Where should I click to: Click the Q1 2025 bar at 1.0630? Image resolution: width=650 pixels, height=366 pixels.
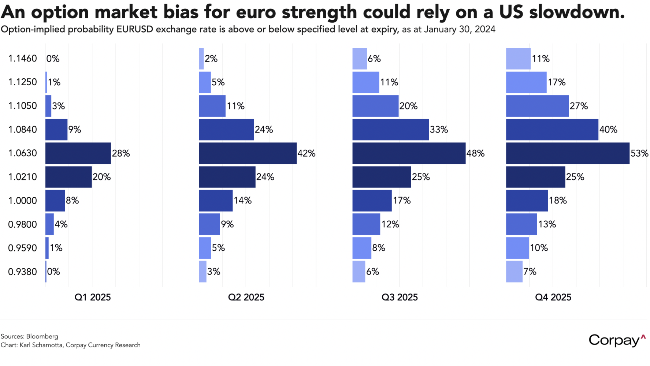point(78,153)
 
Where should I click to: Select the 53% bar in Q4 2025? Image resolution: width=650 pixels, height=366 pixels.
point(568,153)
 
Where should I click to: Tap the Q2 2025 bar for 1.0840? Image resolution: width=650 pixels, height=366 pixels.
point(226,130)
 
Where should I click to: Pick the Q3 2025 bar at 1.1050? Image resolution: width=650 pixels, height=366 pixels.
point(375,106)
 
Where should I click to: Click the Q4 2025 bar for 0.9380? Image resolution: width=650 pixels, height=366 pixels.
point(514,272)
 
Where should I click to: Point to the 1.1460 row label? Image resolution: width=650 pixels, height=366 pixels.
point(23,59)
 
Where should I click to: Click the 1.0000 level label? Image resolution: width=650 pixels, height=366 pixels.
point(23,201)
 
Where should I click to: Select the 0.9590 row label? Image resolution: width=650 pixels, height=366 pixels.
point(23,248)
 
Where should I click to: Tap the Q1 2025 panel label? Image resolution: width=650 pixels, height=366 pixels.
point(93,297)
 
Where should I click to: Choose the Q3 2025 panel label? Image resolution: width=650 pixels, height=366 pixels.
point(400,297)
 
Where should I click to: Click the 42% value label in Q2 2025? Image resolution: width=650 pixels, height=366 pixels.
point(307,153)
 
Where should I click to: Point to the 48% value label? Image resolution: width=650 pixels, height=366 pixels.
point(475,153)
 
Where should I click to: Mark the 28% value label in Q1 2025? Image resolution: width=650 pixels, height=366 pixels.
point(121,153)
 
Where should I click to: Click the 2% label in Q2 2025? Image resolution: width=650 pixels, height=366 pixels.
point(211,59)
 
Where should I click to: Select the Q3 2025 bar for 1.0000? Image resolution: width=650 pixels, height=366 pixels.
point(372,201)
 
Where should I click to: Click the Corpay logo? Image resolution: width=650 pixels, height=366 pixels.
point(617,340)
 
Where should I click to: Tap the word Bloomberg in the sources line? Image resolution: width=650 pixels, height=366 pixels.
point(42,336)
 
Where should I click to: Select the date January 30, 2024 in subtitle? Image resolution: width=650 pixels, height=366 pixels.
point(460,29)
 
